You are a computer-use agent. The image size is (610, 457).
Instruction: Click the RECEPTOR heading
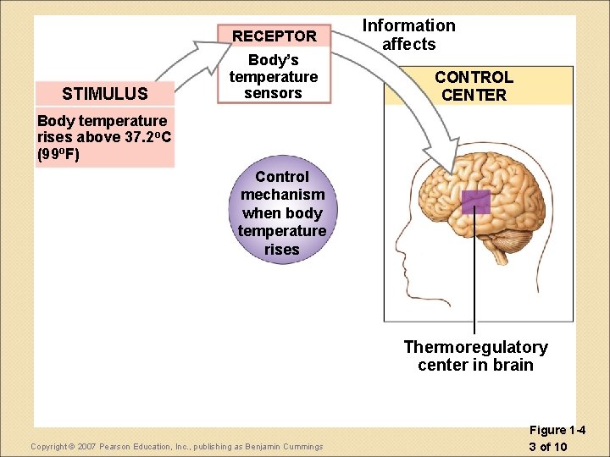274,36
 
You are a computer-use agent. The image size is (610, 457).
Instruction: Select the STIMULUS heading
105,93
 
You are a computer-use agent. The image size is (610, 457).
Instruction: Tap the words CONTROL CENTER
474,86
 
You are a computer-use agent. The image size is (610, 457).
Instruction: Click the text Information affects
408,35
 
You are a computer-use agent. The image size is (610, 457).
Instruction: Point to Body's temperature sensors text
273,77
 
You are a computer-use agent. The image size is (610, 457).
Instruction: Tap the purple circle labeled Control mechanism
281,212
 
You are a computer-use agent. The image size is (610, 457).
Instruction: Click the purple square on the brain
475,201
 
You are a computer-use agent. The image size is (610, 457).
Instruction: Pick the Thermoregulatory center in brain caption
475,356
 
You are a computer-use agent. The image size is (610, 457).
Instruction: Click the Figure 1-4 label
557,431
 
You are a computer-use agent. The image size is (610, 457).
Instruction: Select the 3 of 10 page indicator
547,446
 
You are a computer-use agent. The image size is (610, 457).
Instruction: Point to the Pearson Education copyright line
176,446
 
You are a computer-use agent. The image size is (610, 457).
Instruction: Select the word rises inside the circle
281,250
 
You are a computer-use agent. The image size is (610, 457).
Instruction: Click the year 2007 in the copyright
87,446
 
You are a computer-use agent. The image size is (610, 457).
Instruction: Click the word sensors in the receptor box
273,93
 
